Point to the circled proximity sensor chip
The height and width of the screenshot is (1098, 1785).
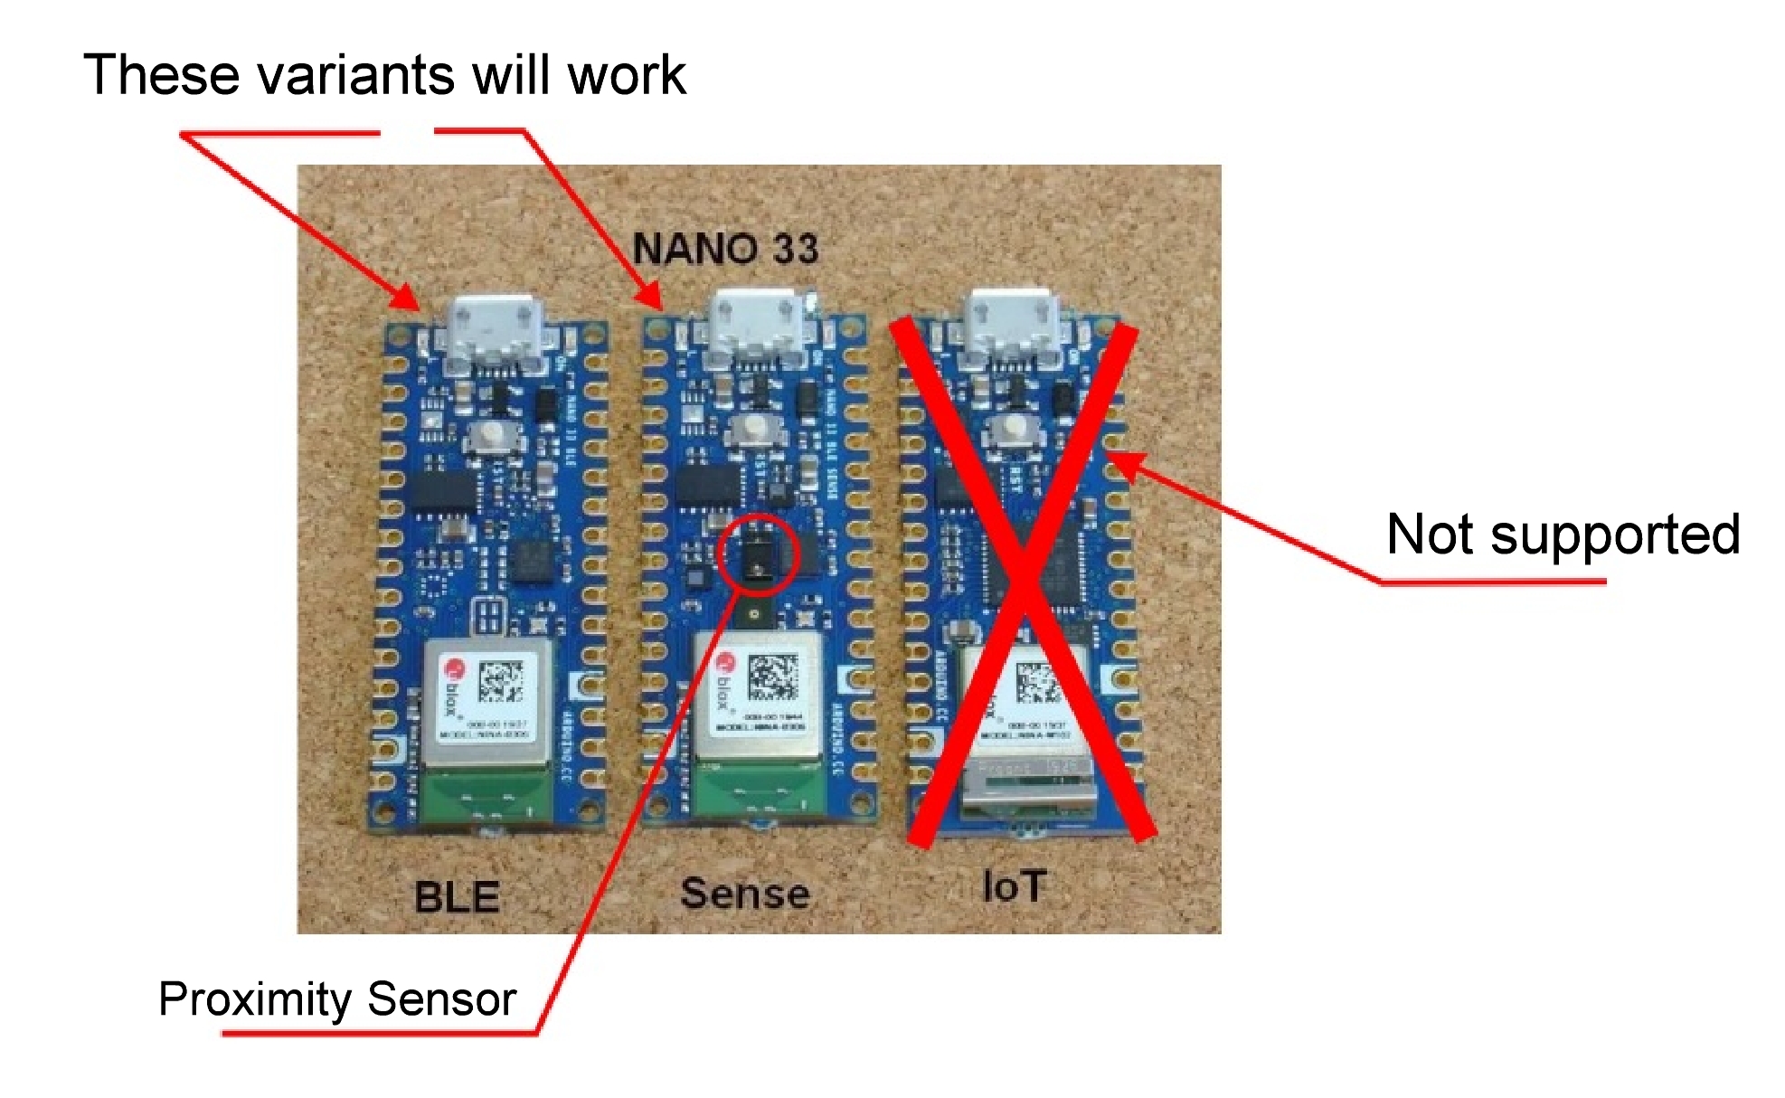756,554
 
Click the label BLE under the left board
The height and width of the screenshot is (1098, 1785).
457,897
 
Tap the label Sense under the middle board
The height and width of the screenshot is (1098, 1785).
744,894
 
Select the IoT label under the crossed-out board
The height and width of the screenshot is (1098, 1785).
1015,886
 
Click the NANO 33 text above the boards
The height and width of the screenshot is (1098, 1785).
725,249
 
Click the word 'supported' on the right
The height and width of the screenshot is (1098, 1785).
1615,535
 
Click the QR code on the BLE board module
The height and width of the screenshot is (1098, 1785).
500,681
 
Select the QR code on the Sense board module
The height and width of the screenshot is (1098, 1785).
772,677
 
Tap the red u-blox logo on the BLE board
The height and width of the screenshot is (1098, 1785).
453,670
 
